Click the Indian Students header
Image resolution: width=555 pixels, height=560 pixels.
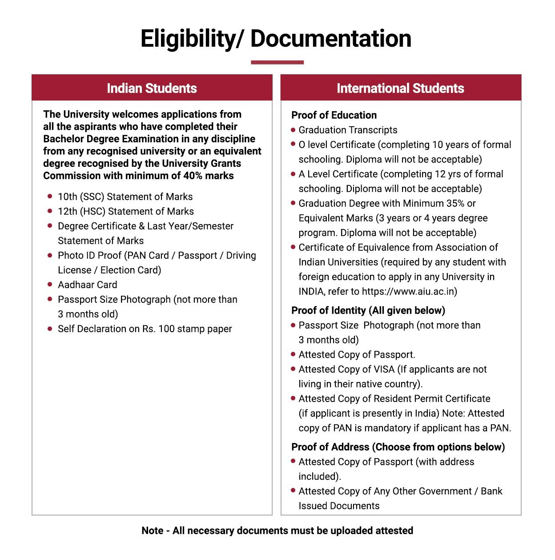coord(152,88)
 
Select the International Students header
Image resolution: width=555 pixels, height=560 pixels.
coord(400,88)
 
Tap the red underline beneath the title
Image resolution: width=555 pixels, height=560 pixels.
coord(277,62)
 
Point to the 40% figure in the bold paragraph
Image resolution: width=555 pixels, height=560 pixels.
coord(193,176)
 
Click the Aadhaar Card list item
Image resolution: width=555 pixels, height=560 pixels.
coord(87,285)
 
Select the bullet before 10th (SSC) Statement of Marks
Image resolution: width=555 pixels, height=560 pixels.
coord(50,196)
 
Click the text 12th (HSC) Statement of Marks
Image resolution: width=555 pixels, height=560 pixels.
coord(125,211)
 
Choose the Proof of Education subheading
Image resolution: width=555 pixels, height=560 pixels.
coord(334,115)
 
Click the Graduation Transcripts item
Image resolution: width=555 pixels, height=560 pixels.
coord(348,130)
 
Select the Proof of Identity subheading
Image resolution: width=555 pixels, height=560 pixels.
coord(368,310)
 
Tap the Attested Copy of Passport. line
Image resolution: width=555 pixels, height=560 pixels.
coord(357,355)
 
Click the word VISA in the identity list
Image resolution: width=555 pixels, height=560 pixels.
coord(384,369)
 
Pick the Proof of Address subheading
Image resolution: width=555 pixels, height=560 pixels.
coord(398,447)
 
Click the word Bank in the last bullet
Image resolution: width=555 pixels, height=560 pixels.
coord(491,491)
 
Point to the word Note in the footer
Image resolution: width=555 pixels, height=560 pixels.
coord(152,531)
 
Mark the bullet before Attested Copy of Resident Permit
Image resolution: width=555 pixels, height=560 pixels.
coord(293,398)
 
